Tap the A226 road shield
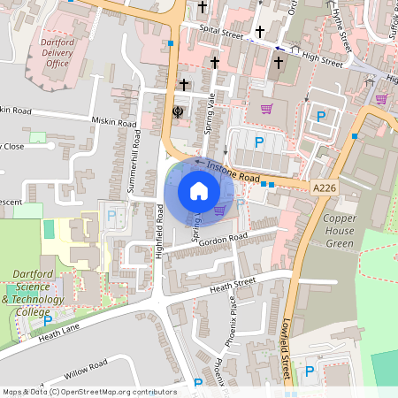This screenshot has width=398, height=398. tap(324, 187)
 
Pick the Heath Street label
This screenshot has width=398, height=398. tap(233, 284)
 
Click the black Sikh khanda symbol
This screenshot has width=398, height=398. tap(177, 111)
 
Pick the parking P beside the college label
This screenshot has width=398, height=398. tap(48, 320)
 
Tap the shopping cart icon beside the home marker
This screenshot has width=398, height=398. tap(219, 210)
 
